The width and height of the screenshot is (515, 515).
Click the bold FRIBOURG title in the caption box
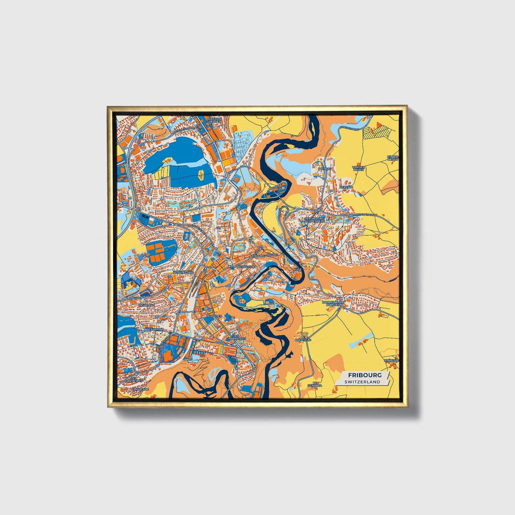[x=365, y=375]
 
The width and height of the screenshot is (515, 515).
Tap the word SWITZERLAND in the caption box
[x=362, y=382]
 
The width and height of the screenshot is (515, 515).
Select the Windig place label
[x=325, y=169]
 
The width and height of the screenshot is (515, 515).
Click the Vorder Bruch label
[x=358, y=168]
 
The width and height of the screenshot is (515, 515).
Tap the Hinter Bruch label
[x=392, y=158]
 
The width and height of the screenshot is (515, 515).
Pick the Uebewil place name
[x=346, y=187]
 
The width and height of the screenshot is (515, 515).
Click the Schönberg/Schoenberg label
[x=314, y=219]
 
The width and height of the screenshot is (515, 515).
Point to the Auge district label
[x=298, y=269]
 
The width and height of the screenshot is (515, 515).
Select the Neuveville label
[x=246, y=267]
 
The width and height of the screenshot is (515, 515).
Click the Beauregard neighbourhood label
[x=183, y=272]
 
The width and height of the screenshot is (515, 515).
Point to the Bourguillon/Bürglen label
[x=332, y=304]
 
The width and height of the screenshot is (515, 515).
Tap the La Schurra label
[x=315, y=384]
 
